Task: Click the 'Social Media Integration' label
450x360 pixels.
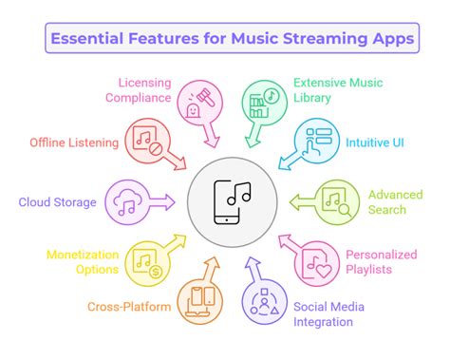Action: pyautogui.click(x=342, y=314)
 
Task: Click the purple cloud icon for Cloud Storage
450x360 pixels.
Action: pyautogui.click(x=126, y=201)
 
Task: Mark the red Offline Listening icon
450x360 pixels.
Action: pyautogui.click(x=145, y=140)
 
